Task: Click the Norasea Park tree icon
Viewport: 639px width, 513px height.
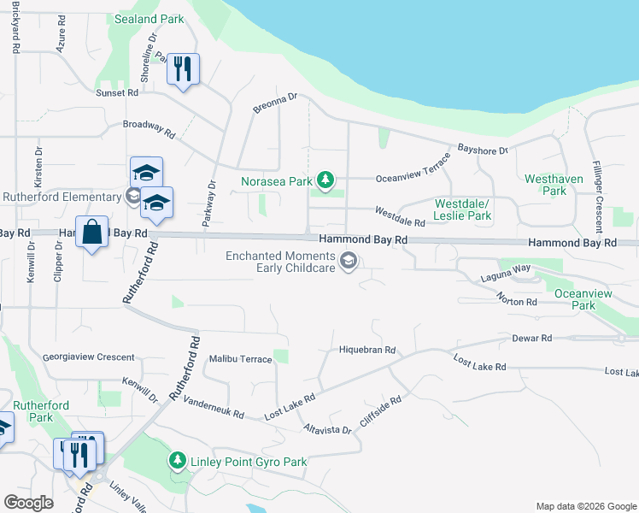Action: [325, 180]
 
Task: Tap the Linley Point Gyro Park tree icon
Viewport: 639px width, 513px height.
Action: [177, 462]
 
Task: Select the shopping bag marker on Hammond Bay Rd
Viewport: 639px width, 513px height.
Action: [91, 232]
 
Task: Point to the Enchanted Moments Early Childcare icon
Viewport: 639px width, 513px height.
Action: [348, 262]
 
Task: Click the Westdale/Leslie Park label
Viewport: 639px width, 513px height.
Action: [462, 209]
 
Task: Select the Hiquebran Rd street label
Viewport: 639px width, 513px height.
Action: [367, 350]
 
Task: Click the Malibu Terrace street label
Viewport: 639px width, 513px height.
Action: [240, 359]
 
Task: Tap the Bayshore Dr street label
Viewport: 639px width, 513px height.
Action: [483, 150]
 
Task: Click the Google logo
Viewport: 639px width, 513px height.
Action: [28, 503]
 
